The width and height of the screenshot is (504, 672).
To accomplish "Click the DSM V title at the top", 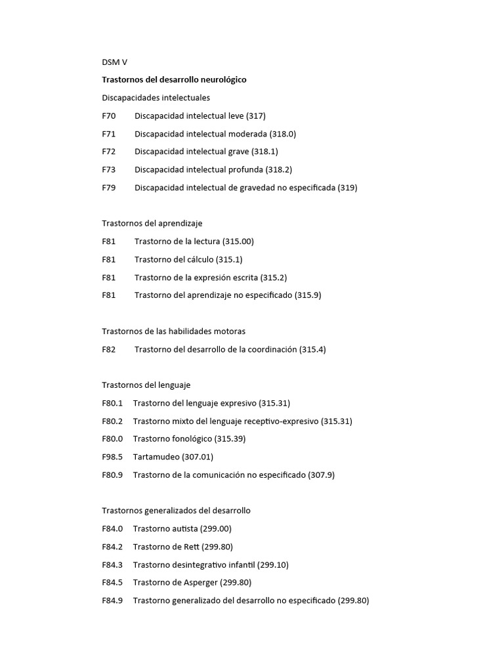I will click(x=114, y=62).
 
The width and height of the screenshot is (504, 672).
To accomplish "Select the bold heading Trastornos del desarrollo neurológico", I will click(x=174, y=80).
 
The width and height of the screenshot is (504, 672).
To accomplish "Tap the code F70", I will click(x=109, y=116).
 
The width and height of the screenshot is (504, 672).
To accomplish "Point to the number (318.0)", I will click(x=283, y=134).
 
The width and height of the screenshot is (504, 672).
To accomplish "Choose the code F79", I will click(x=109, y=188).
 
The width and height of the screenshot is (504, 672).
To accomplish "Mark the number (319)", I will click(x=347, y=188).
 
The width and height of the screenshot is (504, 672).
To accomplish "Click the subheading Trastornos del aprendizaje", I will click(x=152, y=223).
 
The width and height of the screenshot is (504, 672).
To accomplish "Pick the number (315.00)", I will click(x=238, y=241).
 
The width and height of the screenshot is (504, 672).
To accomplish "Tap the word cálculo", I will click(x=203, y=259).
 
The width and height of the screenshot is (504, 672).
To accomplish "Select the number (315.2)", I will click(x=274, y=278).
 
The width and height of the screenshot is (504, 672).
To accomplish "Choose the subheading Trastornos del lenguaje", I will click(x=146, y=385).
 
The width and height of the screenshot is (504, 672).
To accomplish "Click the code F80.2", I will click(x=112, y=421).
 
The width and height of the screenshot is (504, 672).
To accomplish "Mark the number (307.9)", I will click(x=321, y=475).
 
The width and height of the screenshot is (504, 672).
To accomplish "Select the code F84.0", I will click(x=112, y=529).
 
